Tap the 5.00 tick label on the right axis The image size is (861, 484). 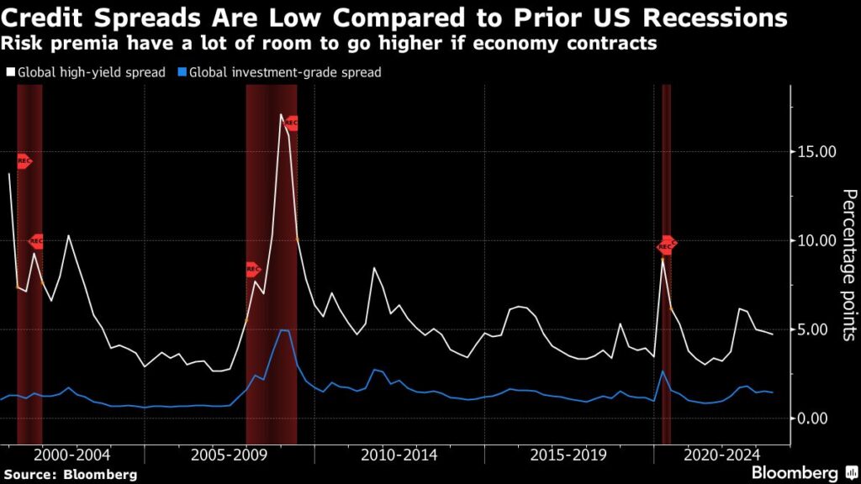tap(814, 329)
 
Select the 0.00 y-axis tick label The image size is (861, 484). tap(814, 418)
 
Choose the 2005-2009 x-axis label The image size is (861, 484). tap(230, 455)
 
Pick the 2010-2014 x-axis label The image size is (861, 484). tap(399, 455)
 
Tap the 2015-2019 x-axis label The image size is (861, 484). tap(568, 455)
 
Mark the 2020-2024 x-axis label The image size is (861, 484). tap(724, 455)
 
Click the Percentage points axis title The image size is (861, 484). tap(848, 265)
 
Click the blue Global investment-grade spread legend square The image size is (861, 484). tap(182, 73)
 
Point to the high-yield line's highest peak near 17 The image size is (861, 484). tap(281, 114)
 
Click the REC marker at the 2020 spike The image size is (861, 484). tap(666, 246)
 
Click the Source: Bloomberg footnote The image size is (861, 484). tap(71, 475)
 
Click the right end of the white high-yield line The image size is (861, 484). tap(773, 334)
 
